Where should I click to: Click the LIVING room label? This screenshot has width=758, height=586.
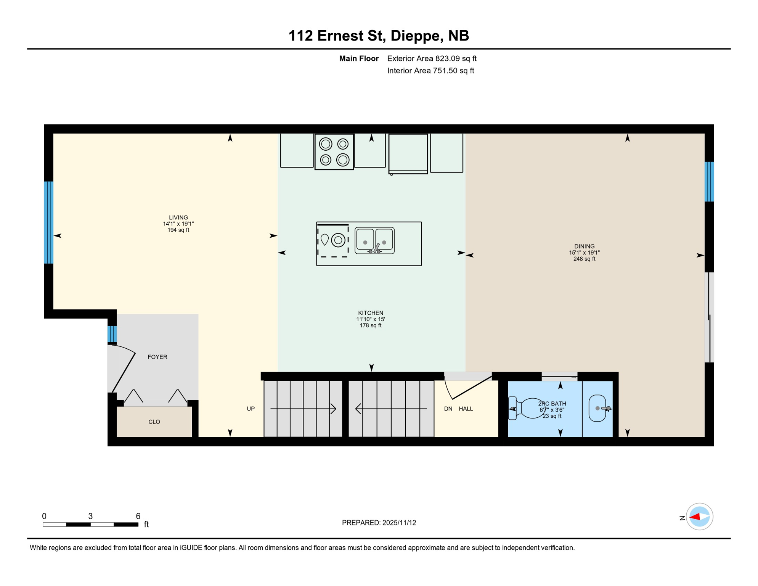click(178, 217)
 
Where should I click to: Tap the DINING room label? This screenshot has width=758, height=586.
click(584, 246)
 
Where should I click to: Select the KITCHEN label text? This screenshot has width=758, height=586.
click(370, 313)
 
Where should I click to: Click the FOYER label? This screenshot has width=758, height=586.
click(157, 357)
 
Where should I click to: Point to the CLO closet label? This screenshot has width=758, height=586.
click(154, 422)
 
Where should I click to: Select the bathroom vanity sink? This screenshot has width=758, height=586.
click(597, 408)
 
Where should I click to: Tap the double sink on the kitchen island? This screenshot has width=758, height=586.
click(374, 241)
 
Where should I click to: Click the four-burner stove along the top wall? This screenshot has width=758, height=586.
click(334, 152)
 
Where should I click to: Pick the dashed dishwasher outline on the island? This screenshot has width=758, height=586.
click(332, 241)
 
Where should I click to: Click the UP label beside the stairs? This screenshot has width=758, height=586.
click(251, 409)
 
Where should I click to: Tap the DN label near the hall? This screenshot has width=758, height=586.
click(448, 409)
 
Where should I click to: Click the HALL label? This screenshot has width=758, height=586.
click(466, 409)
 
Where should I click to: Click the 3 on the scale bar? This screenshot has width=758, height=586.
click(90, 516)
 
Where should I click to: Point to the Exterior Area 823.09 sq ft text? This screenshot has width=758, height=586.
click(432, 58)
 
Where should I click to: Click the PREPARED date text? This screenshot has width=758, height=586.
click(379, 523)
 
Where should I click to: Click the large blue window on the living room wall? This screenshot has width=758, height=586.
click(48, 222)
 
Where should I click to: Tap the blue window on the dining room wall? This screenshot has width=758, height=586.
click(709, 182)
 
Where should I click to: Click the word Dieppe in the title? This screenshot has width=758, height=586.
click(414, 35)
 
